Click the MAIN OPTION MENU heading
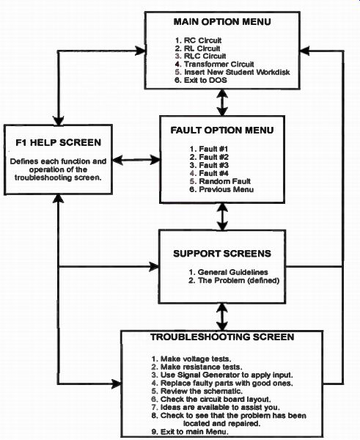[x=222, y=21]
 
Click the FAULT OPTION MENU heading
[x=222, y=131]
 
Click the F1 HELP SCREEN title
[x=59, y=142]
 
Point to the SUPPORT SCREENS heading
[x=222, y=254]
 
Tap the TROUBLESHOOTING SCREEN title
[x=222, y=337]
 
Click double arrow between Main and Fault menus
[x=222, y=103]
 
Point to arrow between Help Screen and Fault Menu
[x=136, y=160]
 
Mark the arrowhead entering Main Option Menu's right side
[x=305, y=51]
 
